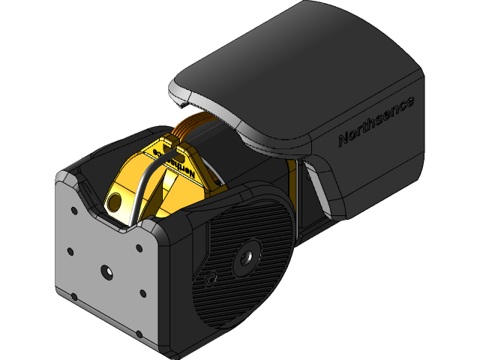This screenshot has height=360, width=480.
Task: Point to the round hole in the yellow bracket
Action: pyautogui.click(x=115, y=201)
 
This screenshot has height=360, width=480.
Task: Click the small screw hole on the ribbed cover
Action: pyautogui.click(x=210, y=281)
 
